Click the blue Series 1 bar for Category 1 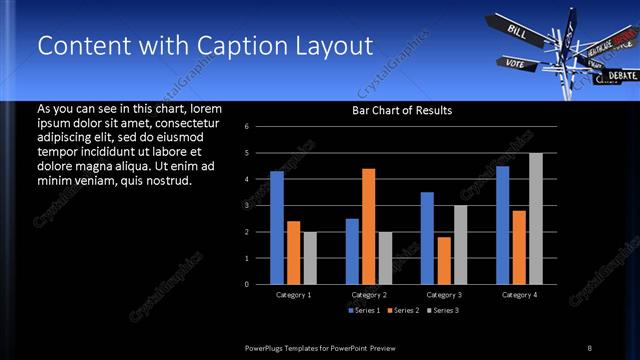[277, 228]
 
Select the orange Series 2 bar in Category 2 [368, 227]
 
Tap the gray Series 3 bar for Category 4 [536, 219]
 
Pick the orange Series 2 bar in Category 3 [444, 260]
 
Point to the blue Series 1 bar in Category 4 [502, 225]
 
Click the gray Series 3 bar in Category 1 [310, 258]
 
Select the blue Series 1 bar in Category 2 [352, 251]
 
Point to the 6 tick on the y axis [260, 127]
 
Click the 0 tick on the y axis [260, 284]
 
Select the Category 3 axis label [444, 295]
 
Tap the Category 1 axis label [294, 295]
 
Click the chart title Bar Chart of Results [402, 110]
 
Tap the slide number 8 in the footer [590, 347]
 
